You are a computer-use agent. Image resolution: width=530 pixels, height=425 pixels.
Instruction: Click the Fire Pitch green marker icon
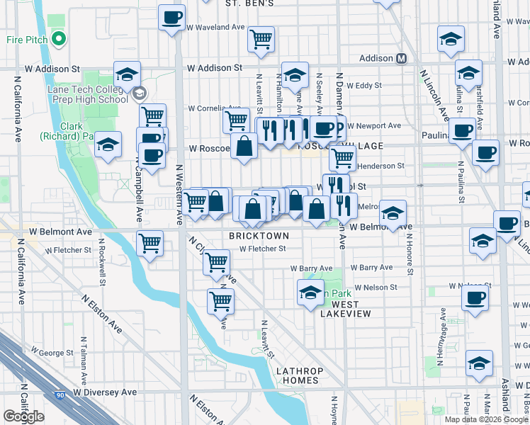click(59, 39)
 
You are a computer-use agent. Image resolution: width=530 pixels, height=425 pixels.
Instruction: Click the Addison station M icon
click(402, 58)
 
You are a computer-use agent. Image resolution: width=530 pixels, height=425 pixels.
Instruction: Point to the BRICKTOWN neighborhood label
click(259, 235)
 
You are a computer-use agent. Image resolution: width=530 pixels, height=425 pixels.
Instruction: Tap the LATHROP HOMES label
click(299, 375)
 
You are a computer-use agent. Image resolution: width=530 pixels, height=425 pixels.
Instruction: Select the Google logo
click(24, 416)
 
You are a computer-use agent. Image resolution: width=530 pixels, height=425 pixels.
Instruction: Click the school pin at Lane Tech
click(127, 75)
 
